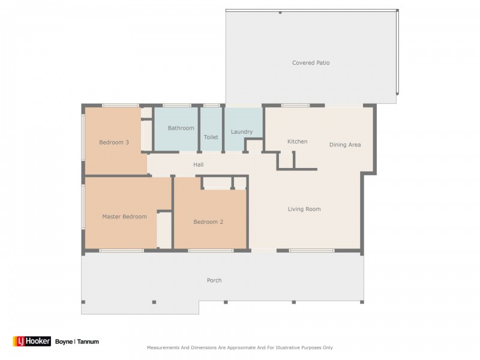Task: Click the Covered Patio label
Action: click(311, 63)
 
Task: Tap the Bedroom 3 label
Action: click(114, 142)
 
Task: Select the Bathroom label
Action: click(181, 128)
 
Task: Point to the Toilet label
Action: click(211, 137)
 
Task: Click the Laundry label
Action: click(242, 132)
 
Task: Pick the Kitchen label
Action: click(297, 142)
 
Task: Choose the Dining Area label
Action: click(345, 145)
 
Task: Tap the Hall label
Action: click(199, 164)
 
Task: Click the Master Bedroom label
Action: click(124, 217)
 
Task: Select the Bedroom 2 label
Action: click(208, 222)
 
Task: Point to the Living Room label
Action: click(304, 209)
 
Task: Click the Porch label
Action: click(214, 280)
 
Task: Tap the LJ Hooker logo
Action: click(32, 341)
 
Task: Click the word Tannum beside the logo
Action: click(88, 341)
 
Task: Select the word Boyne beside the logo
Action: click(64, 341)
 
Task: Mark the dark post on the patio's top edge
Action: click(280, 13)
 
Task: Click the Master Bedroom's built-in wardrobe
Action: click(164, 230)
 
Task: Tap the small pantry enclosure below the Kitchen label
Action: click(286, 160)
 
